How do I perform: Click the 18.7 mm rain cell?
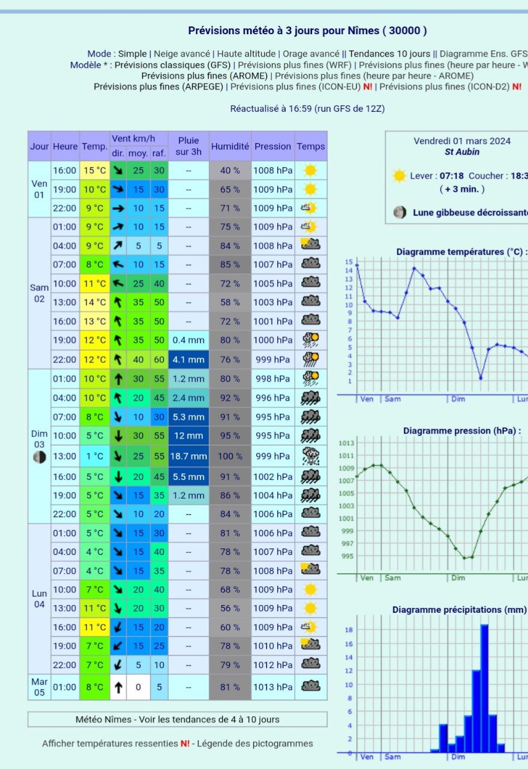click(188, 457)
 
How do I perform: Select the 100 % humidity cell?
click(230, 457)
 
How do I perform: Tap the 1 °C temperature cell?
click(94, 457)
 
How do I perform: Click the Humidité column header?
click(230, 146)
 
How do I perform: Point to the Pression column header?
click(272, 146)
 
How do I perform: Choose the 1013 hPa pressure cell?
click(272, 687)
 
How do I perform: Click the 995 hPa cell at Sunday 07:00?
click(272, 417)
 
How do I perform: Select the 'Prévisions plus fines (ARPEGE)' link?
click(158, 87)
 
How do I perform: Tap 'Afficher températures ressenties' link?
click(110, 743)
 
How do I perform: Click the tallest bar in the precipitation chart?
click(484, 688)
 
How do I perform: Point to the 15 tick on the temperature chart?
click(349, 262)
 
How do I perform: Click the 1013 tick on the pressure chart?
click(347, 443)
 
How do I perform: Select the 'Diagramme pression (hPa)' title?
click(462, 431)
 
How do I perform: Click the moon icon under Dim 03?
click(40, 457)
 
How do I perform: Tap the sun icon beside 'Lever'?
click(399, 176)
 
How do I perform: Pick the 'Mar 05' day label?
click(40, 687)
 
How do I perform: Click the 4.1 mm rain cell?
click(188, 359)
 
